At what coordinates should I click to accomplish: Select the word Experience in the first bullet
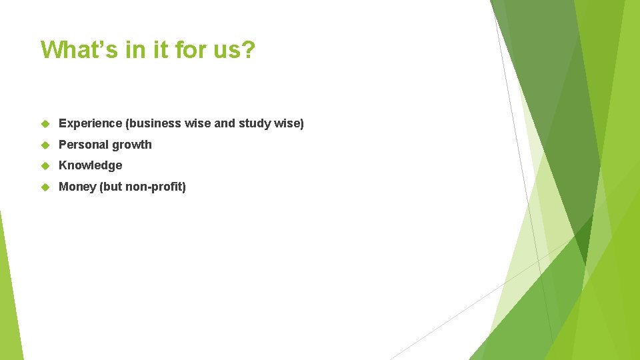[x=90, y=123]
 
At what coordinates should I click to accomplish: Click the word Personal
[x=83, y=145]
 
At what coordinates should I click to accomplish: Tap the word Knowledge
[x=91, y=165]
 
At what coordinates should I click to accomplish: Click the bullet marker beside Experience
[x=45, y=124]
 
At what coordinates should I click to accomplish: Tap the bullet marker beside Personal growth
[x=45, y=145]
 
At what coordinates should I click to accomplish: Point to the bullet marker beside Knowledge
[x=45, y=166]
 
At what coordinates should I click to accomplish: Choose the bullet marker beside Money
[x=45, y=187]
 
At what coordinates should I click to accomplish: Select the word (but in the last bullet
[x=111, y=187]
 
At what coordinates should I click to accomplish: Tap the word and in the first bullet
[x=225, y=123]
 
